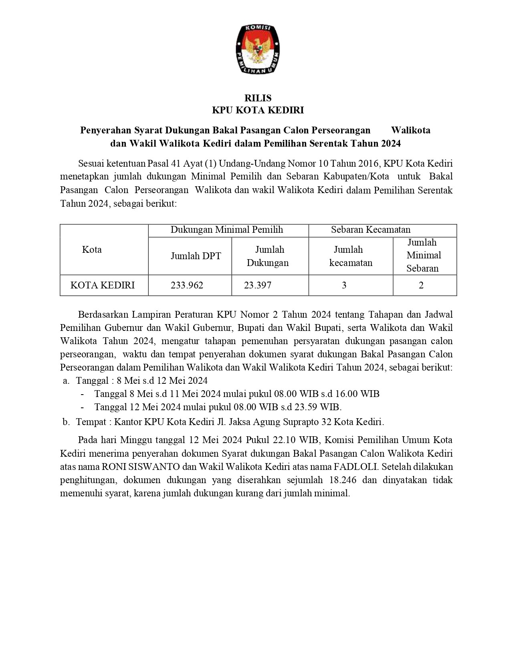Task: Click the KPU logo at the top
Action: [257, 49]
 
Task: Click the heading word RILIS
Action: [258, 98]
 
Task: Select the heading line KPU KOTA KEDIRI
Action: [258, 110]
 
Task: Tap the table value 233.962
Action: [187, 285]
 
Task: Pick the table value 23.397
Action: [258, 285]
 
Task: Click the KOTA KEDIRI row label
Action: [103, 285]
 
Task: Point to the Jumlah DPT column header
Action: [196, 256]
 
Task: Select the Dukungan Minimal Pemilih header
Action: [227, 230]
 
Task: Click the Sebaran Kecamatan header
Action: [371, 230]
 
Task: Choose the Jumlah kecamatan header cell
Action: [350, 256]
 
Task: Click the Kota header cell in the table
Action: [92, 250]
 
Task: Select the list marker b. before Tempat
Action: [66, 422]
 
